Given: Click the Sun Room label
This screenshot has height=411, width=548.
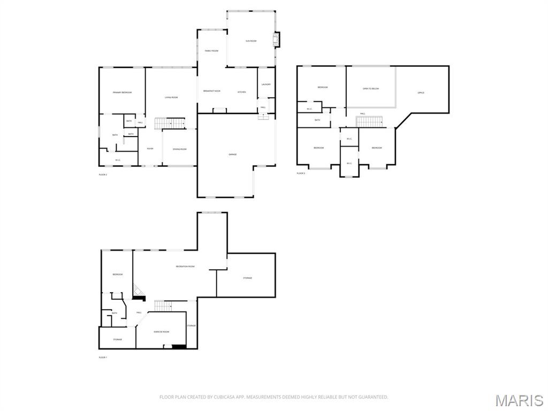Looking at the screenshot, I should (x=251, y=41).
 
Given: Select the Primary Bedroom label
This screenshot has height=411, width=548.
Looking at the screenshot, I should (x=122, y=93).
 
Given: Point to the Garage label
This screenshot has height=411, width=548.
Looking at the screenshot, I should (x=232, y=154).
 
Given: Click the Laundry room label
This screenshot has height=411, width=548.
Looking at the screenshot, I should (x=266, y=85).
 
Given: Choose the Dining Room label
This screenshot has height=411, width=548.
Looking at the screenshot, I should (x=179, y=149).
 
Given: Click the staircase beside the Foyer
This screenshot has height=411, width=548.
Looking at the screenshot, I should (x=170, y=124).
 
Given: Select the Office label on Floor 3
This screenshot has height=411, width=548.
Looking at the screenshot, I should (x=421, y=93).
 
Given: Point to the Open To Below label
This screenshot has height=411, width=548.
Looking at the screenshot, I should (x=371, y=88).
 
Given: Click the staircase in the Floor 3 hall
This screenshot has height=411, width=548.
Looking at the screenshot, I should (x=369, y=121).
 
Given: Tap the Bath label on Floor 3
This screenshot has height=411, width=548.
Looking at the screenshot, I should (x=317, y=120).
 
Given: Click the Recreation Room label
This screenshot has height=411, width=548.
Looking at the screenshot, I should (x=185, y=266).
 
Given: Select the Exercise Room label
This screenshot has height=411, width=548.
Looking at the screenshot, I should (x=161, y=332).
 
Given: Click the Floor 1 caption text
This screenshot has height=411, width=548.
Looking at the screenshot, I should (x=103, y=357).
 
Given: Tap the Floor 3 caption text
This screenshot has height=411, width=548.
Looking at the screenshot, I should (x=301, y=173).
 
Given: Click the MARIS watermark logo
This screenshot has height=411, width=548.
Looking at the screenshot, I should (x=519, y=400).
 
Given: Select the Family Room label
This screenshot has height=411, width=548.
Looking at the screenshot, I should (x=211, y=51).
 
